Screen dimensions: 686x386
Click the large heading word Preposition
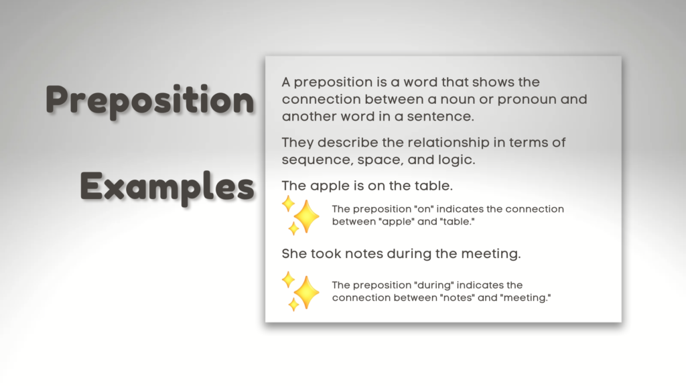pos(149,101)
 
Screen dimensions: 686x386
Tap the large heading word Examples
pos(167,187)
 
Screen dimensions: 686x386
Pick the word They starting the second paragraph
pos(297,143)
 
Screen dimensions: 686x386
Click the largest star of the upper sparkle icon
pos(306,216)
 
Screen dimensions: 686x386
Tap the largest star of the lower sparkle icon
pos(306,292)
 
